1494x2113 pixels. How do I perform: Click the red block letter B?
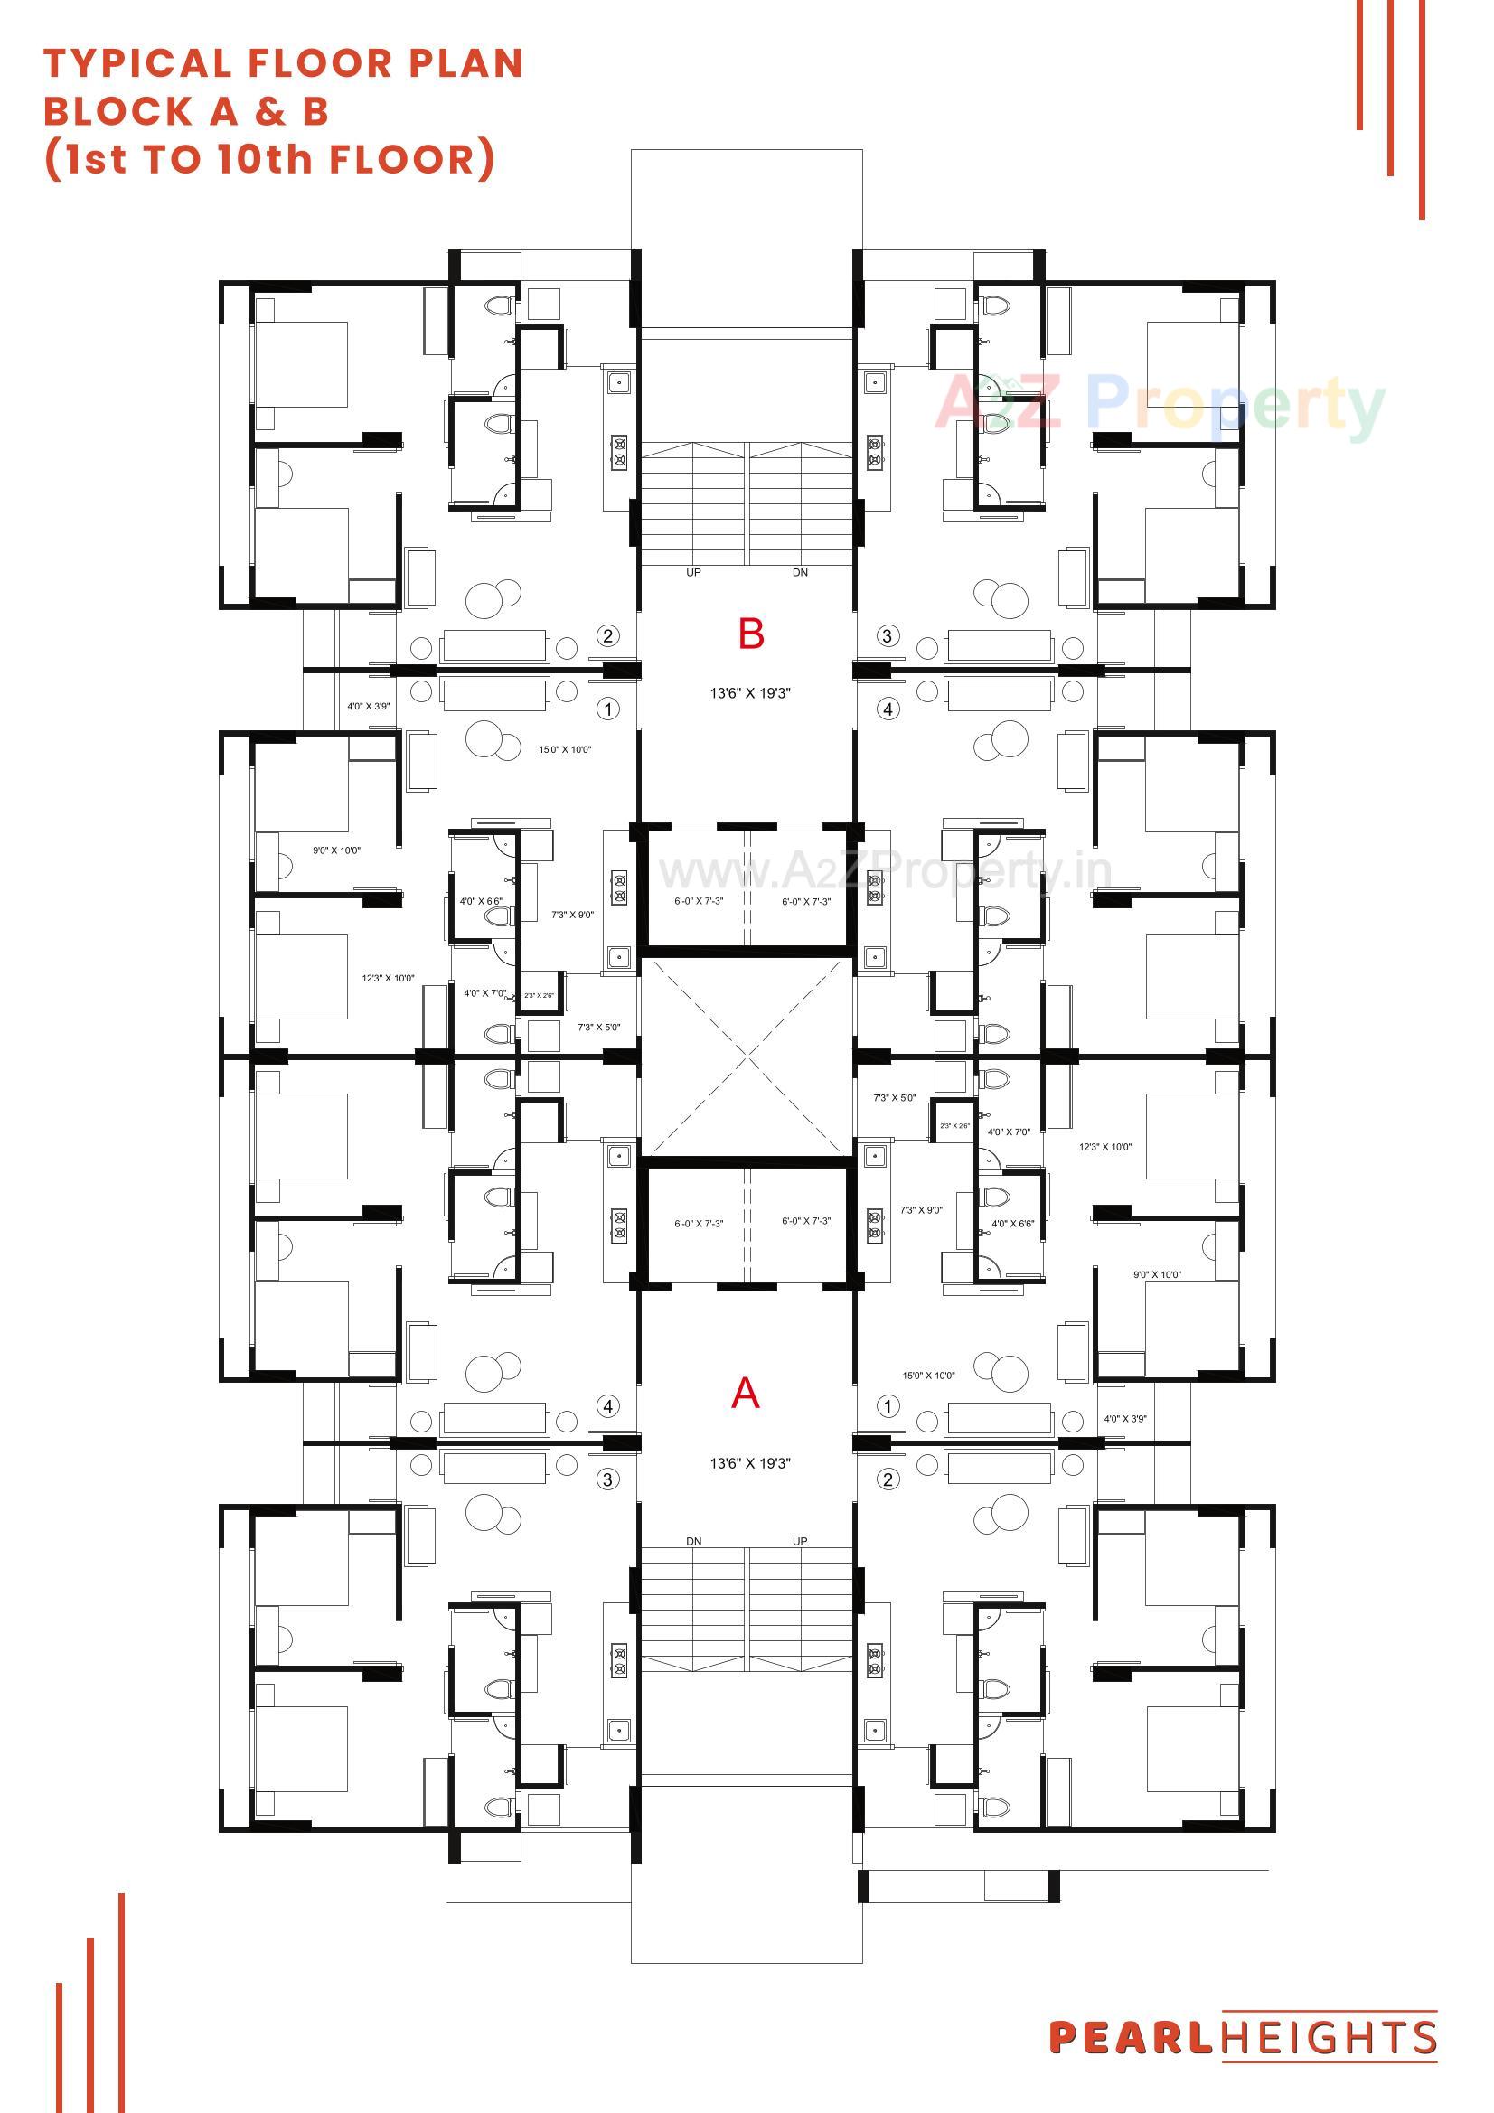coord(750,634)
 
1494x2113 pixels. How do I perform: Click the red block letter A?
coord(745,1394)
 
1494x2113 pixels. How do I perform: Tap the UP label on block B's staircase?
coord(693,572)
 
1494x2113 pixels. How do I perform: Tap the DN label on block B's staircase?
coord(800,572)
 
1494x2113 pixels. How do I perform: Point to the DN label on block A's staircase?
coord(693,1541)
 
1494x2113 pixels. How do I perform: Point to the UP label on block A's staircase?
coord(800,1541)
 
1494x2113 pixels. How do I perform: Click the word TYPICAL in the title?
coord(137,63)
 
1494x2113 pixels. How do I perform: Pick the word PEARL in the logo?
coord(1132,2037)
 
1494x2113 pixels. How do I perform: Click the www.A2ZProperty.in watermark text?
coord(884,870)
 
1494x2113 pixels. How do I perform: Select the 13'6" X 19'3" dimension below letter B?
coord(749,693)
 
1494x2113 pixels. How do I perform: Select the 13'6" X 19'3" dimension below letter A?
coord(749,1463)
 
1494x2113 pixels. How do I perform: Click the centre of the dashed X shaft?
coord(747,1056)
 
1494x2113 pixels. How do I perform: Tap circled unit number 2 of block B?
coord(606,635)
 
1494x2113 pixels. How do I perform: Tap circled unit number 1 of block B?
coord(606,709)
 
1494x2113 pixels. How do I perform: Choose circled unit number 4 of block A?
coord(606,1406)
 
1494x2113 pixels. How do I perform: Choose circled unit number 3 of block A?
coord(606,1479)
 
